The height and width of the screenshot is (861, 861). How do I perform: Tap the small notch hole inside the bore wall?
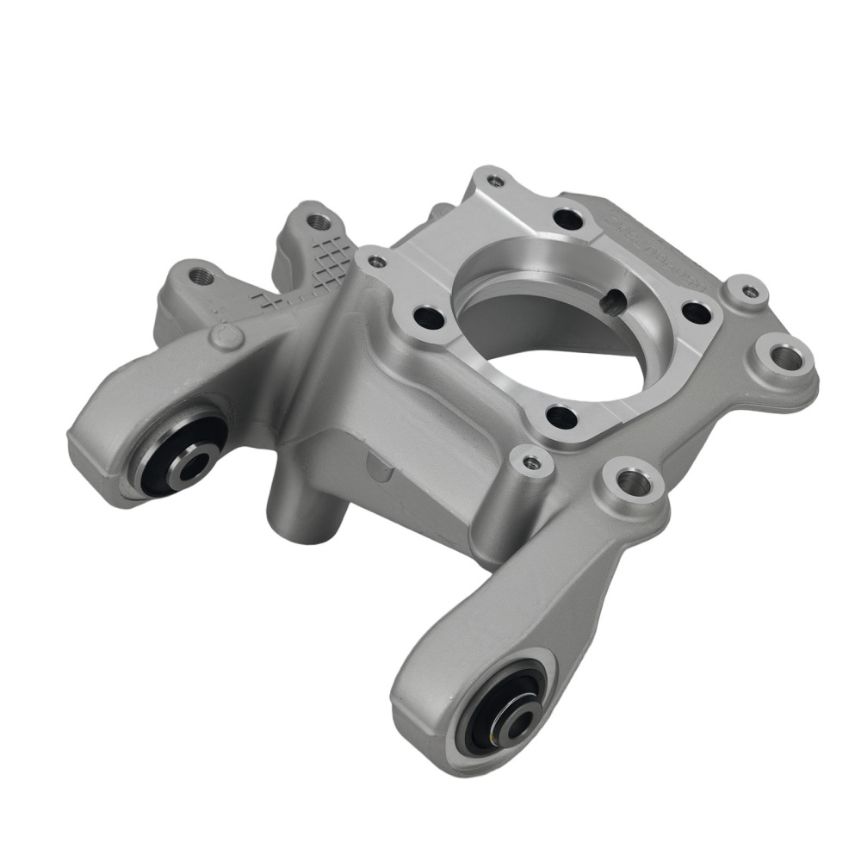(612, 301)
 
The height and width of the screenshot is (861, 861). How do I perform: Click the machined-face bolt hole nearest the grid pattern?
(428, 317)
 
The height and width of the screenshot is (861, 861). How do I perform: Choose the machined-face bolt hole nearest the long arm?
(561, 418)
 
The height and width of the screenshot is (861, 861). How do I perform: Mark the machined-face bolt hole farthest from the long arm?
(567, 219)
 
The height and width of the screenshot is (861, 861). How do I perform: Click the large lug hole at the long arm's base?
(634, 483)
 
